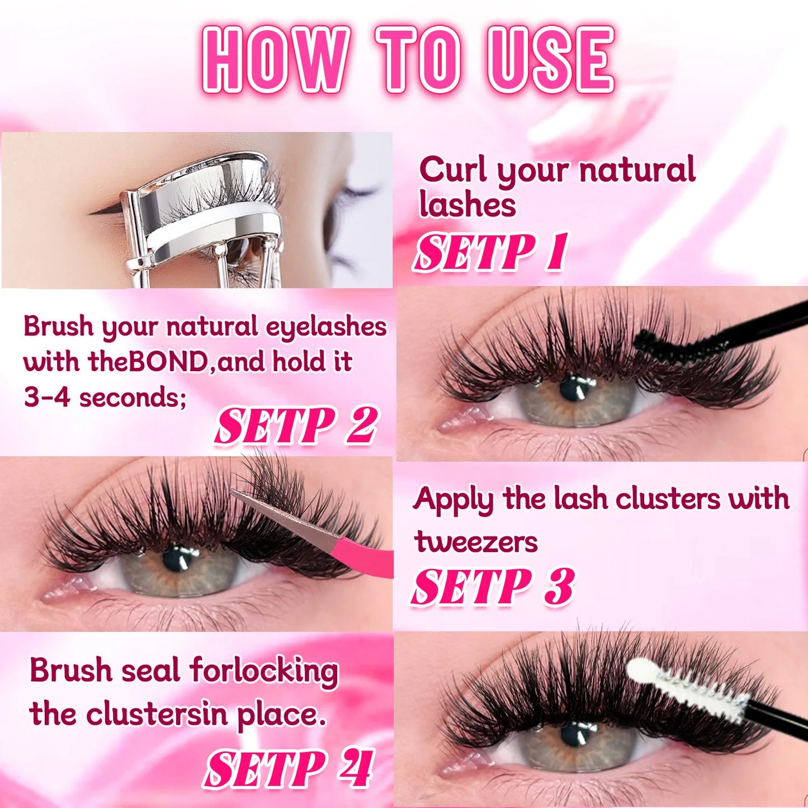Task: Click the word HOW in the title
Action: tap(276, 59)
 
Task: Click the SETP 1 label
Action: tap(490, 252)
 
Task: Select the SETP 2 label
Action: tap(296, 426)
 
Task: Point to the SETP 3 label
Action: tap(493, 587)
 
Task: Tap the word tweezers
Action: tap(476, 542)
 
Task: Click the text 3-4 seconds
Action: tap(105, 398)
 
